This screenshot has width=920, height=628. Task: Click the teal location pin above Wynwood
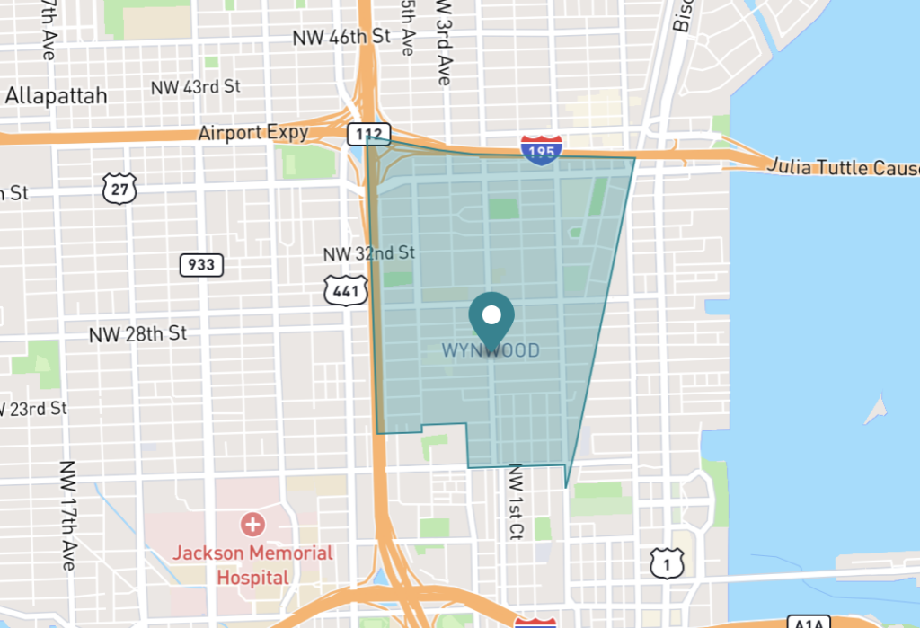[x=491, y=317]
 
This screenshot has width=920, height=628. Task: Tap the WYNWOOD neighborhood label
[x=491, y=350]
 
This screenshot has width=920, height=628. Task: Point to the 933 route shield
[x=201, y=265]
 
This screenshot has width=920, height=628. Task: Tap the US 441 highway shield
[x=341, y=288]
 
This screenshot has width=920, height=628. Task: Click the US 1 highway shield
[x=664, y=563]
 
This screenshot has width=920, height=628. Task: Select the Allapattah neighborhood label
[x=56, y=96]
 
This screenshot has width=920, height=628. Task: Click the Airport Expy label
[x=253, y=133]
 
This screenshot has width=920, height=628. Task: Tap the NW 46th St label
[x=342, y=37]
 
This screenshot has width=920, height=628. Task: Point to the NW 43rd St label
[x=197, y=87]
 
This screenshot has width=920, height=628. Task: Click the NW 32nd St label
[x=369, y=253]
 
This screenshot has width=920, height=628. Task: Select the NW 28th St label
[x=137, y=334]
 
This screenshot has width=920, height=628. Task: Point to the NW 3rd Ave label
[x=442, y=43]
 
